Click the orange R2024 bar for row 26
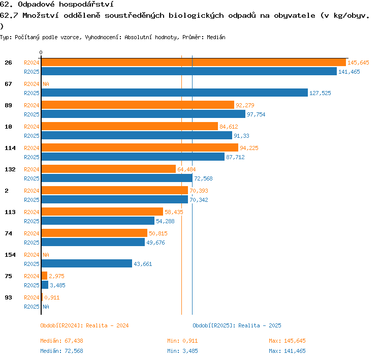click(x=194, y=62)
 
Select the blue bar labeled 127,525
click(x=175, y=93)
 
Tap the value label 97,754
click(x=256, y=114)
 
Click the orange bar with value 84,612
click(x=130, y=126)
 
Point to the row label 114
click(x=10, y=148)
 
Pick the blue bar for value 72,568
click(x=117, y=178)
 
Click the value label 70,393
click(x=199, y=191)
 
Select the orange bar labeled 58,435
click(x=102, y=212)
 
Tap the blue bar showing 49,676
click(x=93, y=242)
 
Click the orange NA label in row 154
click(x=46, y=255)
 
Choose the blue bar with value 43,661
click(x=87, y=263)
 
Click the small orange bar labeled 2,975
click(x=44, y=276)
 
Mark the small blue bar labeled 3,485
click(x=45, y=285)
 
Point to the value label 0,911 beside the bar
click(x=52, y=297)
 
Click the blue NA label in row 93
click(x=46, y=307)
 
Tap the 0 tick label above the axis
click(x=41, y=52)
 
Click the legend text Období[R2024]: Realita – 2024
click(x=84, y=325)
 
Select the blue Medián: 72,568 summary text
click(x=61, y=351)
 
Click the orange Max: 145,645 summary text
click(x=287, y=341)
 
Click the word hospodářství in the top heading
click(x=86, y=5)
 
